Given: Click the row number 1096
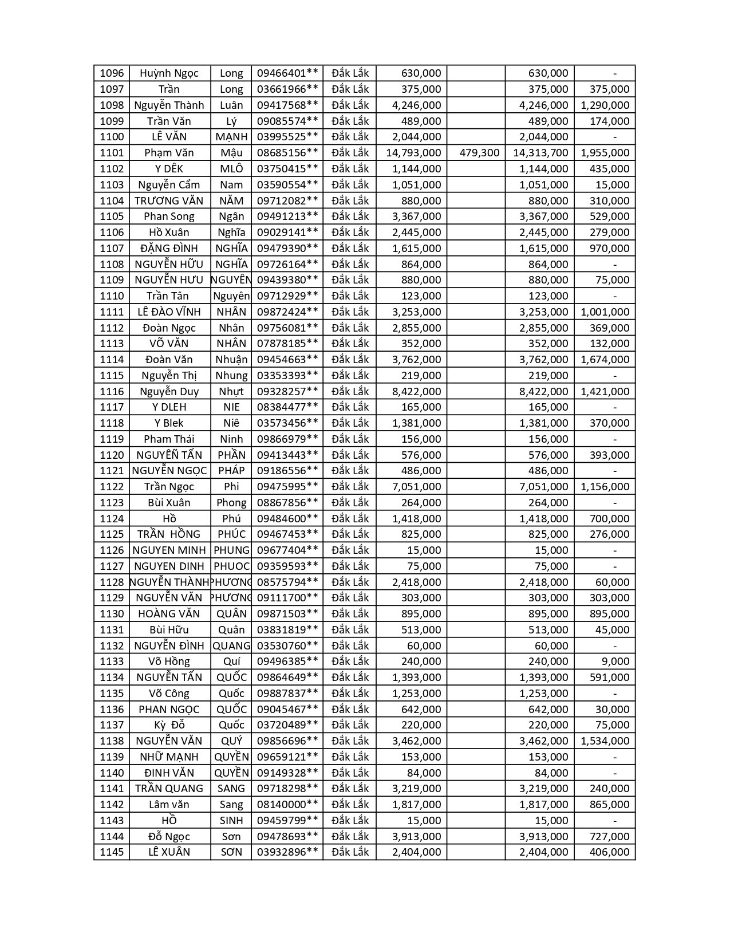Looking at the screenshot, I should [x=112, y=73].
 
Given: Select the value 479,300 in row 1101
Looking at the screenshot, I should [x=479, y=153].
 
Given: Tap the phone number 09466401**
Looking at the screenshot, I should [x=287, y=73].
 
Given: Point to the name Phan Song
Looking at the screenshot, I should [x=169, y=216].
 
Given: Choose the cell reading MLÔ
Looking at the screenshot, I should [x=231, y=169].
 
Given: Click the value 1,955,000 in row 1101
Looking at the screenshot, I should [x=605, y=153].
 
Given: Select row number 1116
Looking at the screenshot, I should [x=112, y=392].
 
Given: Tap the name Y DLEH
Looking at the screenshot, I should [x=169, y=407].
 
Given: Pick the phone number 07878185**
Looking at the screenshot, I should [x=287, y=344].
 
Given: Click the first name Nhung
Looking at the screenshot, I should [x=231, y=376].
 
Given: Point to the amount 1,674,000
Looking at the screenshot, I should [x=605, y=360].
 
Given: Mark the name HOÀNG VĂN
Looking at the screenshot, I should [x=169, y=614].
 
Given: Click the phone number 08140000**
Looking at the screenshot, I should [x=287, y=805].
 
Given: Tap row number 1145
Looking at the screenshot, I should [x=112, y=852].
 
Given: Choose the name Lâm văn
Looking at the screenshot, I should [x=169, y=805].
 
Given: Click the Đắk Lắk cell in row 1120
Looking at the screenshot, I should [x=350, y=455].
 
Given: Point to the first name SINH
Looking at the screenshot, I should [x=231, y=821].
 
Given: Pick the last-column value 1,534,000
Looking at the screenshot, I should [x=605, y=741].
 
